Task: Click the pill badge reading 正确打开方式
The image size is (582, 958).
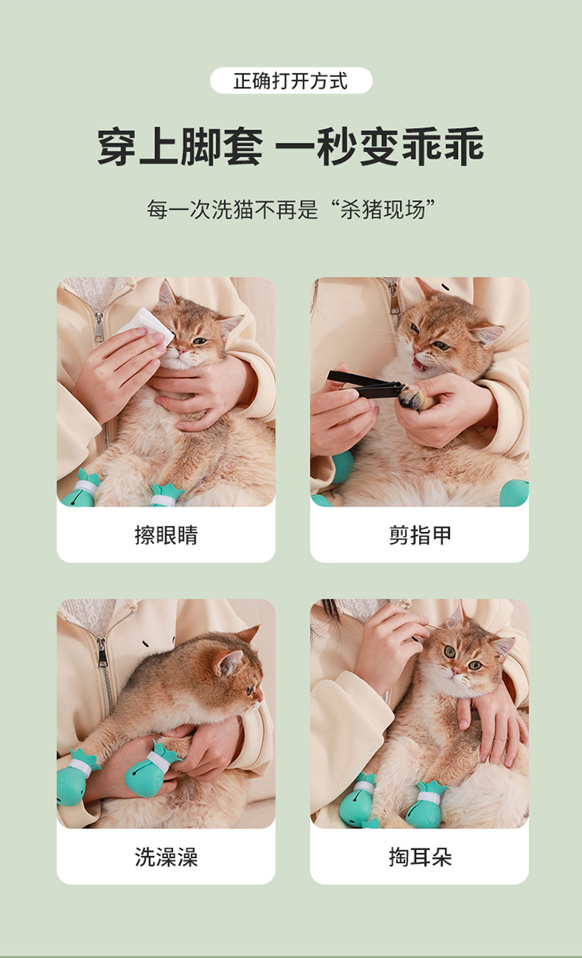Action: (x=291, y=81)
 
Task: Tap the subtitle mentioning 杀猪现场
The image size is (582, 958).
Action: (x=291, y=209)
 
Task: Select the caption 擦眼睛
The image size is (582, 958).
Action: (x=166, y=535)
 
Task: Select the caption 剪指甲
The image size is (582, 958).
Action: (x=420, y=535)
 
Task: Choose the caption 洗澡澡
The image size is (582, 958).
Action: (x=166, y=856)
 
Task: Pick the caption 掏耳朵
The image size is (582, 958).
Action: (x=420, y=856)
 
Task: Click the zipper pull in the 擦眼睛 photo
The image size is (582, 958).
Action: (x=99, y=325)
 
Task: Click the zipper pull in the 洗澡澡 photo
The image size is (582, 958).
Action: (x=102, y=651)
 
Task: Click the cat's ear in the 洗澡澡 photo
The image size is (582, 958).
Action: (x=229, y=662)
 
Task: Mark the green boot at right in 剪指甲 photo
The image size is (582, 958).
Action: (x=514, y=493)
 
